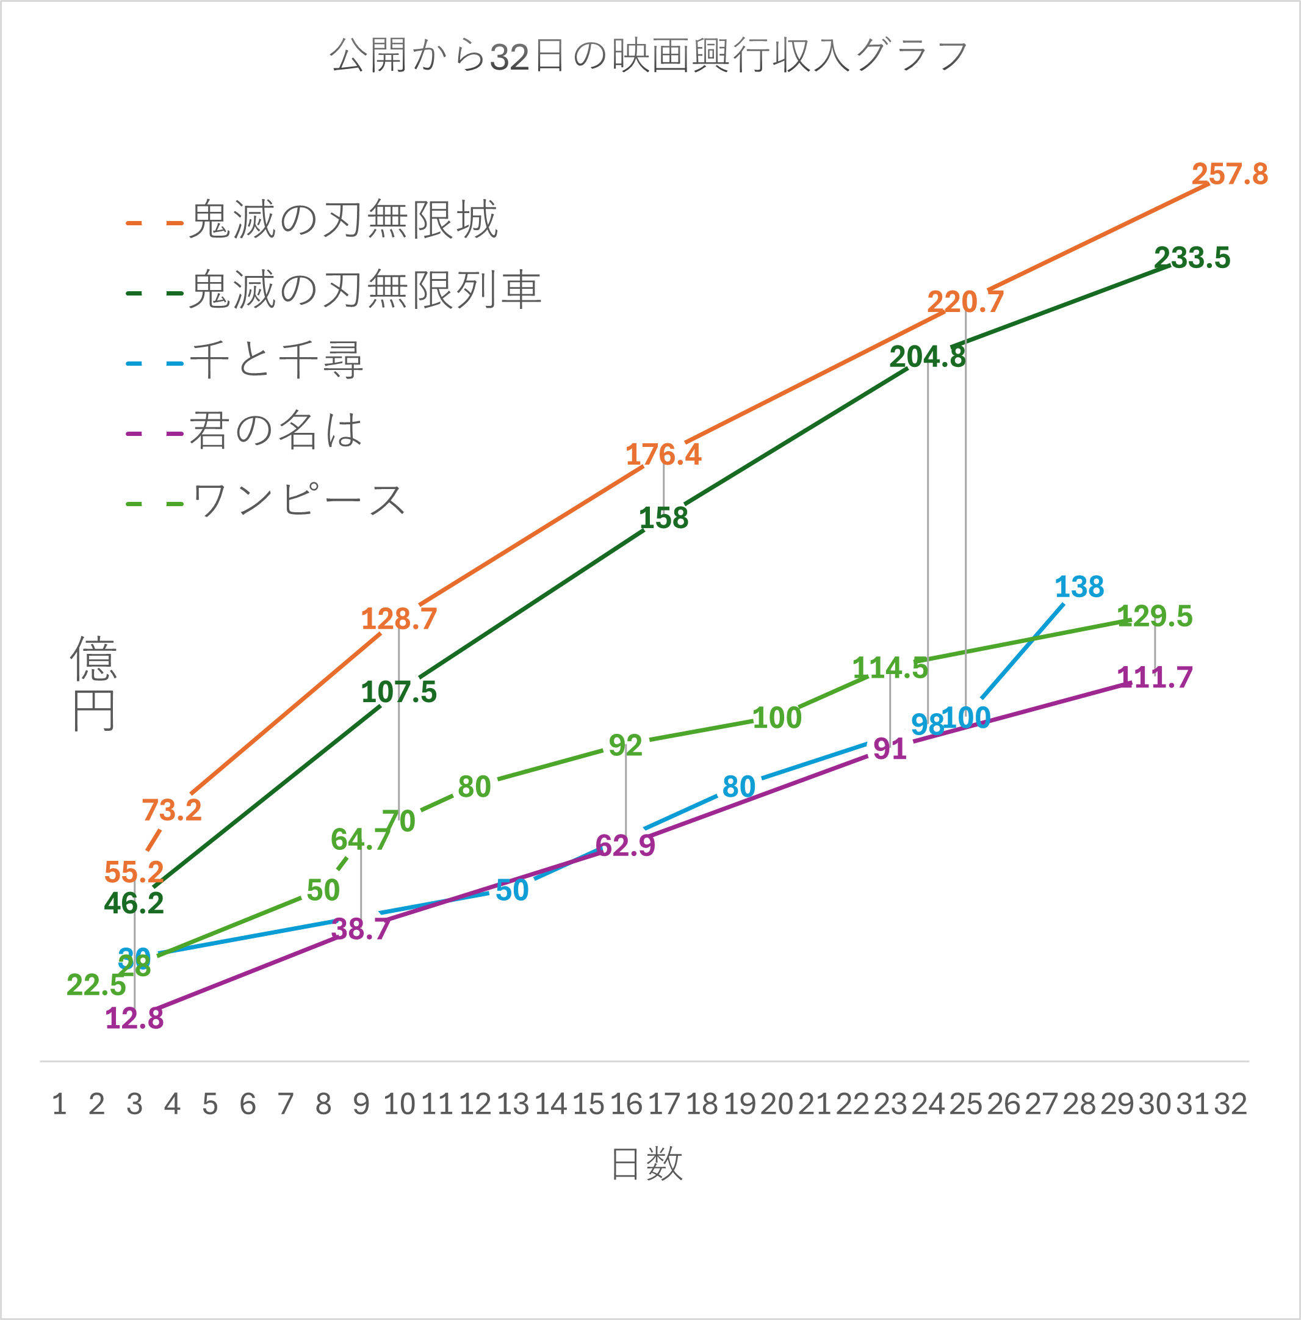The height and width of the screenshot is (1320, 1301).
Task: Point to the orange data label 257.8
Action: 1229,174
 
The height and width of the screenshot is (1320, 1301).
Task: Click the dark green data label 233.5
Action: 1192,258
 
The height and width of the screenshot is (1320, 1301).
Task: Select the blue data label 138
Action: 1079,587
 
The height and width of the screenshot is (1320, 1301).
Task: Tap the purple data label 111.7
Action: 1154,678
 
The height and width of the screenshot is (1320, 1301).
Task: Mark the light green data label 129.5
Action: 1154,616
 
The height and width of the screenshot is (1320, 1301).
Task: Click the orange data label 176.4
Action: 663,455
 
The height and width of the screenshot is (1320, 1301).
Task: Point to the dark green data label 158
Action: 663,518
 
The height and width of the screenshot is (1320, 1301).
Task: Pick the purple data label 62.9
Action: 625,846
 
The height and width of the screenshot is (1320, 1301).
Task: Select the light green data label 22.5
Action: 96,985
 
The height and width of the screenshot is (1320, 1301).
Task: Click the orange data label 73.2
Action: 171,810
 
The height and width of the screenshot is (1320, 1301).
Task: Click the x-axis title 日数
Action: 646,1164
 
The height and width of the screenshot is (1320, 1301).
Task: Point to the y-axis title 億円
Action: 93,683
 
